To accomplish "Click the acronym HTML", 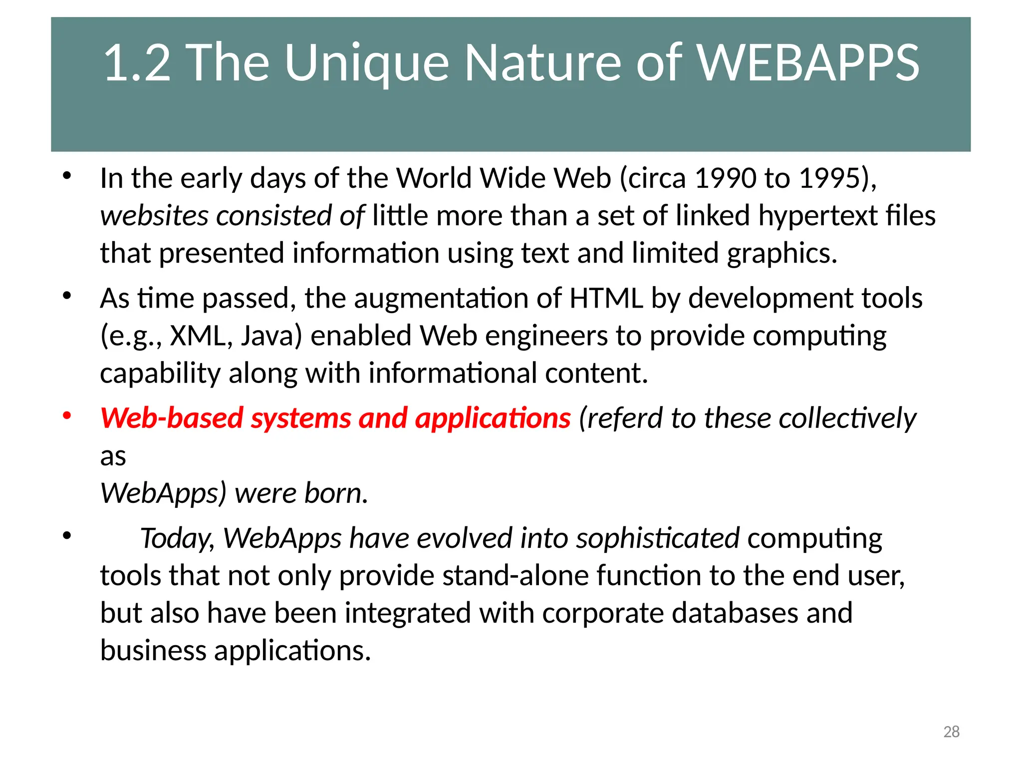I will pos(606,299).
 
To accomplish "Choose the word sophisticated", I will pos(657,539).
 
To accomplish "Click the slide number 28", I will pos(951,732).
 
